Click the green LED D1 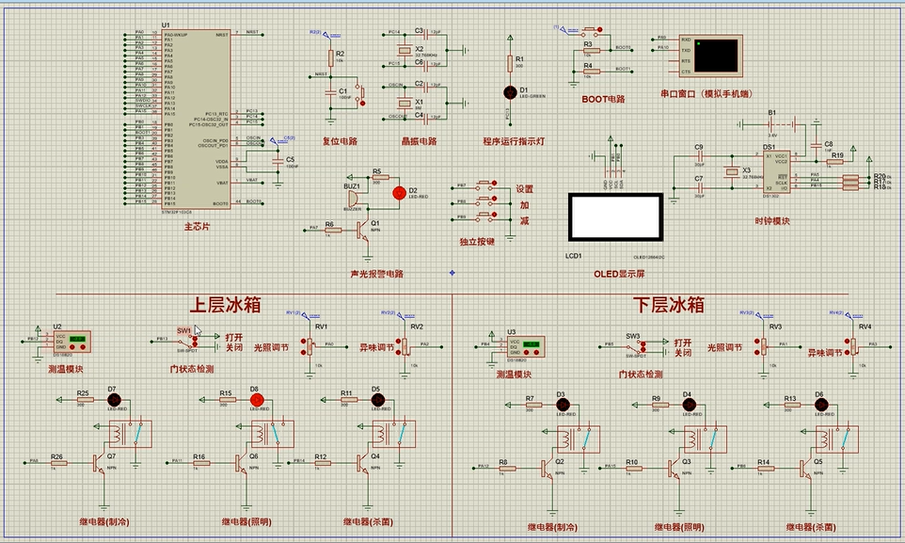(511, 91)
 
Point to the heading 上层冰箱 (226, 306)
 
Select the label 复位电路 (340, 141)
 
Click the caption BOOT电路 (603, 98)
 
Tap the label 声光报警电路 (371, 274)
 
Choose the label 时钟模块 (771, 221)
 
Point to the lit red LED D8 (254, 400)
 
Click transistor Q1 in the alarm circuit (362, 229)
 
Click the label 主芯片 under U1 (197, 227)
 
